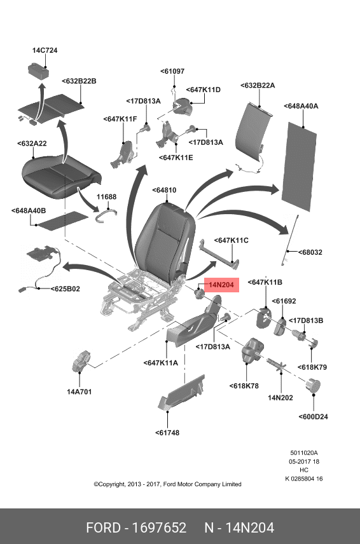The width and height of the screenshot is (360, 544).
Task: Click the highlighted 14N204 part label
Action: pyautogui.click(x=221, y=285)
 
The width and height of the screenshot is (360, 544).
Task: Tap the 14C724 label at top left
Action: pyautogui.click(x=45, y=50)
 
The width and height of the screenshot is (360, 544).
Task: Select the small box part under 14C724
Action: pyautogui.click(x=38, y=70)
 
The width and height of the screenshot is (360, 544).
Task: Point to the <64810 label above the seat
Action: pyautogui.click(x=164, y=190)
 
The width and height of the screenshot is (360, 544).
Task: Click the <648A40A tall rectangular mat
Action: pyautogui.click(x=299, y=167)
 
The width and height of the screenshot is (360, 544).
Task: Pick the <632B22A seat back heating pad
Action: pyautogui.click(x=253, y=132)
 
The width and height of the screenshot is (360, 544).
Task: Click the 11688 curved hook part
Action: pyautogui.click(x=106, y=215)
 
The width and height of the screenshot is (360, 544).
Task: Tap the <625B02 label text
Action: pyautogui.click(x=66, y=289)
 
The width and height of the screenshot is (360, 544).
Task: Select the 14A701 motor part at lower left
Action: pyautogui.click(x=81, y=361)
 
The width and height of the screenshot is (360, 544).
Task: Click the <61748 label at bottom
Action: pyautogui.click(x=167, y=433)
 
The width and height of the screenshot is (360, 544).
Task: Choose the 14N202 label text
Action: pyautogui.click(x=280, y=398)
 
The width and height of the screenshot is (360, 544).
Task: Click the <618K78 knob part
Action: pyautogui.click(x=253, y=350)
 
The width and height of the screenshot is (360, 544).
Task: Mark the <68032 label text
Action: pyautogui.click(x=310, y=252)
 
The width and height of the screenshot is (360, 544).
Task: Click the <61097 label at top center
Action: pyautogui.click(x=172, y=71)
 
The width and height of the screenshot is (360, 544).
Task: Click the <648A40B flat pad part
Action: pyautogui.click(x=62, y=221)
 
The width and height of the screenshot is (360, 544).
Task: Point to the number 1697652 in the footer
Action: pyautogui.click(x=159, y=527)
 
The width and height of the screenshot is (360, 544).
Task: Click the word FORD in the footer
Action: pyautogui.click(x=103, y=527)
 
